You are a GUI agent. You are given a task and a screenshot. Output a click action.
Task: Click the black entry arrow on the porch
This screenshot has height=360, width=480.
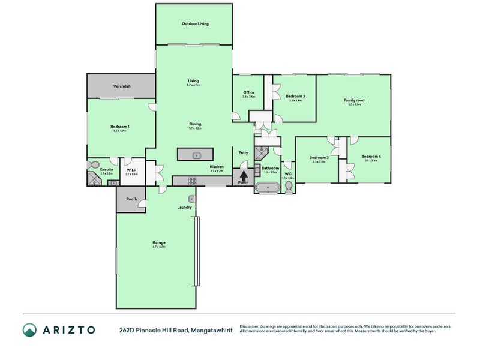pyautogui.click(x=244, y=176)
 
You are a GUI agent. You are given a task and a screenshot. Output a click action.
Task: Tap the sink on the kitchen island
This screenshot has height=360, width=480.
pyautogui.click(x=195, y=155)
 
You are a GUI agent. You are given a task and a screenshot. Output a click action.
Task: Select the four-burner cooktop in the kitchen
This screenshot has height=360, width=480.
pyautogui.click(x=193, y=181)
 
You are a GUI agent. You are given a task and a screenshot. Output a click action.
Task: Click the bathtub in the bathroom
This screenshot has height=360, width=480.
pyautogui.click(x=267, y=188)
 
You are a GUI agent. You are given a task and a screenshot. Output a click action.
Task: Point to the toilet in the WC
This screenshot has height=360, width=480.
pyautogui.click(x=289, y=189)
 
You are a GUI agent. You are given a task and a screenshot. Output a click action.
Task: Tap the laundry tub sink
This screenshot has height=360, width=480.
pyautogui.click(x=191, y=199)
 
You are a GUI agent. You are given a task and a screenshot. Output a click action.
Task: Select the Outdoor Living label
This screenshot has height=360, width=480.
pyautogui.click(x=194, y=24)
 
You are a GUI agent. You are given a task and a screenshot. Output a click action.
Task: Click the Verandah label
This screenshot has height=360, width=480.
pyautogui.click(x=122, y=86)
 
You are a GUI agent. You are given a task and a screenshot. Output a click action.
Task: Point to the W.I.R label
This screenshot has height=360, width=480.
pyautogui.click(x=132, y=170)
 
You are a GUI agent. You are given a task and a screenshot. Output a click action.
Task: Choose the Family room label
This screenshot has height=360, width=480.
pyautogui.click(x=354, y=100)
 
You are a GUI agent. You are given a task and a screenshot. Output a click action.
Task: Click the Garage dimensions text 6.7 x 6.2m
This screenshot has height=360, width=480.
pyautogui.click(x=159, y=247)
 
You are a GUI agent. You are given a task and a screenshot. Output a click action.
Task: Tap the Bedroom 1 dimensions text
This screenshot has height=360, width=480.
pyautogui.click(x=120, y=131)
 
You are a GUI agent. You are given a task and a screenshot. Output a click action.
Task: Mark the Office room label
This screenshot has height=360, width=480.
pyautogui.click(x=248, y=92)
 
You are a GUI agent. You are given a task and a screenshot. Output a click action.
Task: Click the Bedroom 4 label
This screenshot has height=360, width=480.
pyautogui.click(x=371, y=156)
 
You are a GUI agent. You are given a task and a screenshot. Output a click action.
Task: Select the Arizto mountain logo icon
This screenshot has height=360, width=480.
pyautogui.click(x=29, y=329)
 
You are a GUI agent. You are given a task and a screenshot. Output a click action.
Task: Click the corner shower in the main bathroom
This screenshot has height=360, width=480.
pyautogui.click(x=261, y=152)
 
